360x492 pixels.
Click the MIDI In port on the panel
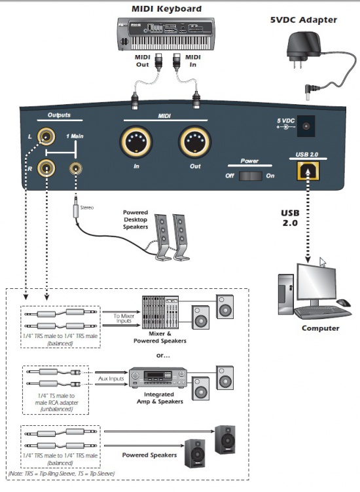pos(136,142)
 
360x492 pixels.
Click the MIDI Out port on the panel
pos(195,142)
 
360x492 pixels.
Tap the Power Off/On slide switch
pos(250,176)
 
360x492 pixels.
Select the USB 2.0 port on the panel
pos(308,171)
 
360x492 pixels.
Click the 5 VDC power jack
pos(306,126)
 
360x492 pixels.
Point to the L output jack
pos(46,136)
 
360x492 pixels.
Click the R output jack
pos(46,168)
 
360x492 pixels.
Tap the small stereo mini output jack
pos(75,168)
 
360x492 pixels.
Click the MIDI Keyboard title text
pos(166,9)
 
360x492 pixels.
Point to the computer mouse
pos(344,303)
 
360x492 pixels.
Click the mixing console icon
pos(160,312)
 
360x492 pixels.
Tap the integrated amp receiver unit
pos(158,377)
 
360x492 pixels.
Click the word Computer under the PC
pos(321,328)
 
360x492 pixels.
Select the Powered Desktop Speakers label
pos(135,219)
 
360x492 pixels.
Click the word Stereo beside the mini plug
pos(87,208)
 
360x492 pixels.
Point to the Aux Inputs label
pos(111,379)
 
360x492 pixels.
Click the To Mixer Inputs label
pos(124,318)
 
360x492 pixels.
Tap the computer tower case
pos(285,294)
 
